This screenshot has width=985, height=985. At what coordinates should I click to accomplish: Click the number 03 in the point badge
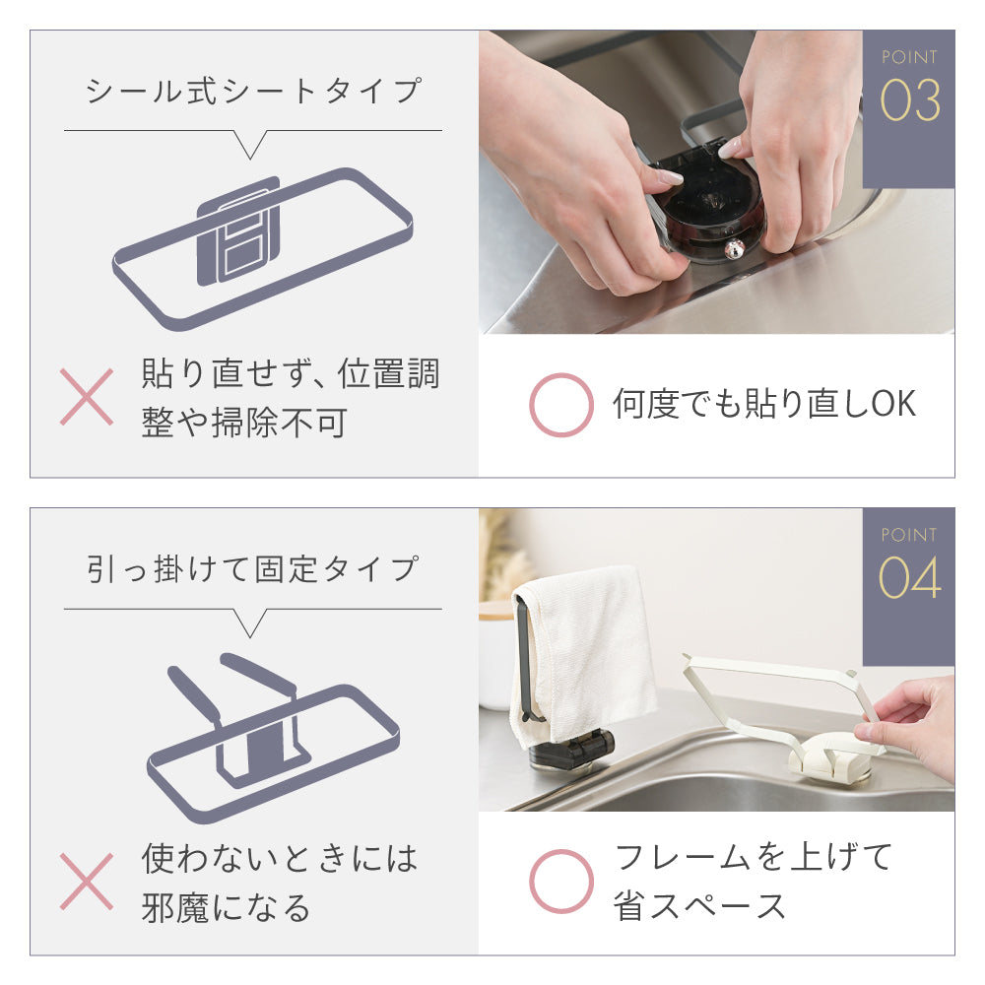tap(909, 100)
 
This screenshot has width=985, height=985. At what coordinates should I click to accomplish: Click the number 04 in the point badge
tap(909, 578)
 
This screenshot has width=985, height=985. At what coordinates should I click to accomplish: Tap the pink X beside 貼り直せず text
tap(87, 397)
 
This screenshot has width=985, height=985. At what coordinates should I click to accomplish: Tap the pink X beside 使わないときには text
tap(87, 882)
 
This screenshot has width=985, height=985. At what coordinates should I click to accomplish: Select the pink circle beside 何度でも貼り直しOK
tap(561, 405)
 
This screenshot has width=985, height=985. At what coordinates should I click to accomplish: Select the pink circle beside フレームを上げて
tap(561, 882)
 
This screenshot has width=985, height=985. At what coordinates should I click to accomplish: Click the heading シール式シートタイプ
tap(253, 91)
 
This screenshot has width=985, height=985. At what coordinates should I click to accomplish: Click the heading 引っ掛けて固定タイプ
tap(252, 569)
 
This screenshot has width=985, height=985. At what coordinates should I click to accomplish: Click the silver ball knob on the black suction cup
tap(734, 249)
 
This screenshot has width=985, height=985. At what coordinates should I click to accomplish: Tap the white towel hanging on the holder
tap(584, 647)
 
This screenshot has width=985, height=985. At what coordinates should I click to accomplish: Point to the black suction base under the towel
tap(571, 748)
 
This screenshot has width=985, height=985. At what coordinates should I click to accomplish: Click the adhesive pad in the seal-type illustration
tap(238, 231)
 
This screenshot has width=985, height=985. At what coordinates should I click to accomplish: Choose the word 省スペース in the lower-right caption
tap(699, 906)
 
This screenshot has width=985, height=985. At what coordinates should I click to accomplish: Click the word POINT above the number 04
tap(909, 535)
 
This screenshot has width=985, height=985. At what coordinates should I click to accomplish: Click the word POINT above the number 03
tap(909, 57)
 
